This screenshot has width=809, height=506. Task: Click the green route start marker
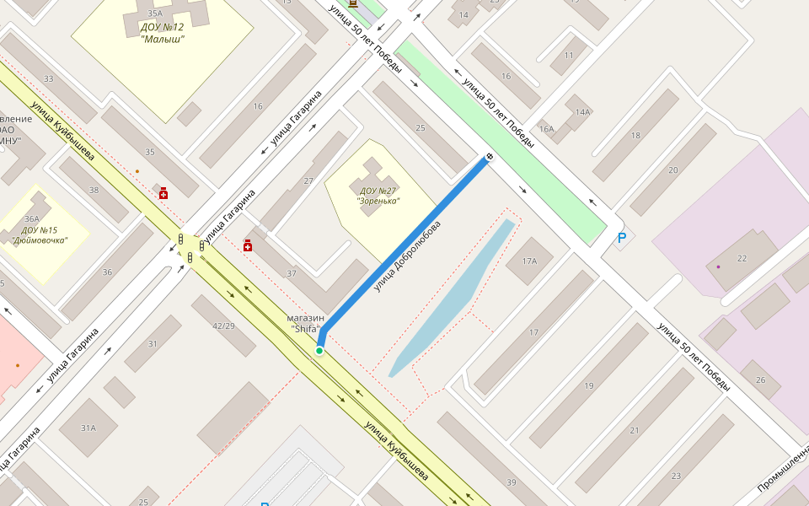(319, 350)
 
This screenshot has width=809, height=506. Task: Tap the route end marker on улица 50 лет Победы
(489, 157)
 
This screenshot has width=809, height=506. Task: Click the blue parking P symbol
(622, 239)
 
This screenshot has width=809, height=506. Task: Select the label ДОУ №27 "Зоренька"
(378, 196)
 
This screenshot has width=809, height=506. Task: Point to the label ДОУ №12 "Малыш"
(162, 32)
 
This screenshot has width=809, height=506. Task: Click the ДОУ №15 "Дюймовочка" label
(40, 235)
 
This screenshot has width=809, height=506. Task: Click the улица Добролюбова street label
(408, 257)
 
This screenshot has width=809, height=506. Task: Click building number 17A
(529, 261)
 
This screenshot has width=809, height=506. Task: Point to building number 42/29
(223, 326)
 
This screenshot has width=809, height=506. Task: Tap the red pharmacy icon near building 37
(248, 245)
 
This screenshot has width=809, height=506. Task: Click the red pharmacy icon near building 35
(163, 194)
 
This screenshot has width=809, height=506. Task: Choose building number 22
(742, 258)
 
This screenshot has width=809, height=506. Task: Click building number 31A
(88, 428)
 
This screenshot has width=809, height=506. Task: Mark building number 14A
(582, 112)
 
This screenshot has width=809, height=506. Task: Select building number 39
(512, 482)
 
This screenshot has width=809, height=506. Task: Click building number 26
(761, 379)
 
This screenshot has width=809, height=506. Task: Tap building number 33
(48, 79)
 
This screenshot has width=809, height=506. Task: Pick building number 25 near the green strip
(421, 127)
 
